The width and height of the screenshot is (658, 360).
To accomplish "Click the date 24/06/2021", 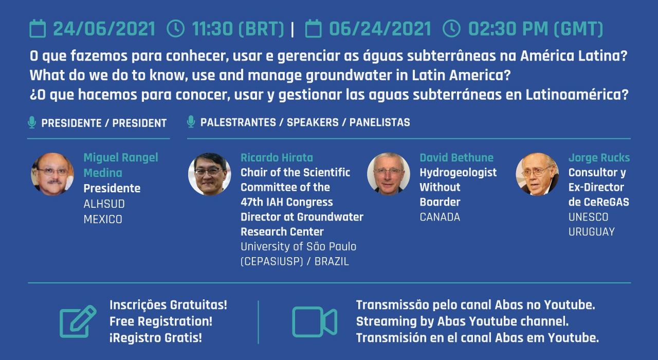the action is pyautogui.click(x=104, y=29).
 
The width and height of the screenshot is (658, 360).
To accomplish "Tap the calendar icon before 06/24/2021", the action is pyautogui.click(x=314, y=28).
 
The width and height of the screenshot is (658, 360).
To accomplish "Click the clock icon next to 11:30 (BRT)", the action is pyautogui.click(x=175, y=28).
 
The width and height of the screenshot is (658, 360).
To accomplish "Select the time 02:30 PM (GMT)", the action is pyautogui.click(x=536, y=29).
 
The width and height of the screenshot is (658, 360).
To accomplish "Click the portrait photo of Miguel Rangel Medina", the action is pyautogui.click(x=52, y=174).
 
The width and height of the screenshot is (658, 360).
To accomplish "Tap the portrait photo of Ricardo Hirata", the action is pyautogui.click(x=209, y=174).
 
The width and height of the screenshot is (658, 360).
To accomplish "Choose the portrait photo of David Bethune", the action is pyautogui.click(x=389, y=174).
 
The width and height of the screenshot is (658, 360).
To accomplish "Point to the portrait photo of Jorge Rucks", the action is pyautogui.click(x=537, y=174).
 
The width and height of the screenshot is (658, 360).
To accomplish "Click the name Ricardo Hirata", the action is pyautogui.click(x=277, y=157).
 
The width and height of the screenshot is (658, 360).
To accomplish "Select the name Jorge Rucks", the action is pyautogui.click(x=599, y=158).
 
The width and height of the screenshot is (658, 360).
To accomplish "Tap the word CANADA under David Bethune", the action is pyautogui.click(x=440, y=217).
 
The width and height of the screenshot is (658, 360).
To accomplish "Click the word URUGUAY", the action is pyautogui.click(x=591, y=232).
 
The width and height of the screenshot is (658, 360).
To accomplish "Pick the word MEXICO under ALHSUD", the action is pyautogui.click(x=103, y=219).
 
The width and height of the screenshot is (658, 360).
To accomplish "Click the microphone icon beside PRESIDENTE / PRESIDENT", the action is pyautogui.click(x=32, y=122).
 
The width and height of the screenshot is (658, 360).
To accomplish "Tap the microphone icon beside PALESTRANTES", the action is pyautogui.click(x=191, y=122).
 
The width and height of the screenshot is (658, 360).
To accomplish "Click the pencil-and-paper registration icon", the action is pyautogui.click(x=78, y=321).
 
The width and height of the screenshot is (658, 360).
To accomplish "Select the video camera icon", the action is pyautogui.click(x=315, y=321).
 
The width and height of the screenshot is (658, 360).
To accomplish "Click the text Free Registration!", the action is pyautogui.click(x=161, y=321).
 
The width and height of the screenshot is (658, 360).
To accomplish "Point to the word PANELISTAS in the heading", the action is pyautogui.click(x=379, y=122).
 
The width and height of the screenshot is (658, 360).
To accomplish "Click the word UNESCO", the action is pyautogui.click(x=588, y=217).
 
